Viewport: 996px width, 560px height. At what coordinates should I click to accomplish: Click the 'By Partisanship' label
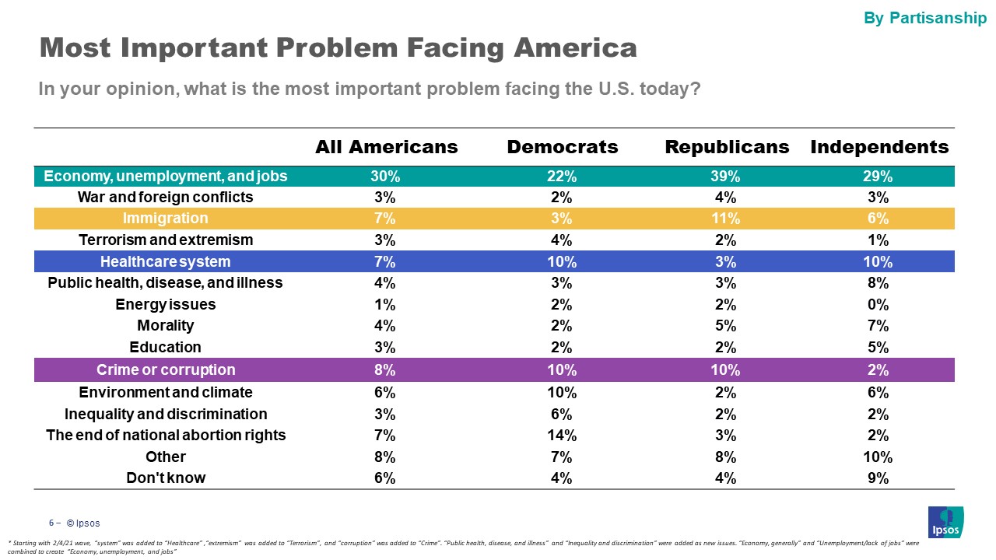tap(925, 18)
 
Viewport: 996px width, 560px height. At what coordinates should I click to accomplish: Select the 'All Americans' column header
tap(386, 147)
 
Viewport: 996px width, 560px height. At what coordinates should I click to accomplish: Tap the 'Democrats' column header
tap(563, 147)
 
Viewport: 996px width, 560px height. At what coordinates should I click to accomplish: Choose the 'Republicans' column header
tap(727, 147)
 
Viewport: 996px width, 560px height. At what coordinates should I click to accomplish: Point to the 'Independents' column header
tap(879, 147)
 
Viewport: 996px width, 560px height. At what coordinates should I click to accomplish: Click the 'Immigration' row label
tap(166, 219)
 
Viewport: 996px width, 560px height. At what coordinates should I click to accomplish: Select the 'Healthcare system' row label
tap(166, 261)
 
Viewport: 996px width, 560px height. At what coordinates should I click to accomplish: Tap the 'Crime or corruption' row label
tap(166, 369)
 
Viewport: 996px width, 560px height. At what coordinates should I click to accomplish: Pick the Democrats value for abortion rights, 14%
tap(563, 436)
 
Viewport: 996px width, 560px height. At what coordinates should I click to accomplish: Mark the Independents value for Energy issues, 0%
tap(879, 304)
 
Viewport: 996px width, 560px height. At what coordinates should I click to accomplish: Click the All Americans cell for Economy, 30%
tap(386, 177)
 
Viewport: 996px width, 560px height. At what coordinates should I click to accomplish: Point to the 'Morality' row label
tap(166, 326)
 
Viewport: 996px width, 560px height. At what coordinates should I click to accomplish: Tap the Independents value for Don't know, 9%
tap(879, 478)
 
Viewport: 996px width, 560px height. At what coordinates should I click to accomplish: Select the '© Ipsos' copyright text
tap(83, 523)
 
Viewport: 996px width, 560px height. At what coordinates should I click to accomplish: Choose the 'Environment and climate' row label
tap(166, 393)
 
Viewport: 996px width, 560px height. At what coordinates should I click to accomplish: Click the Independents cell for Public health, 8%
tap(879, 283)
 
